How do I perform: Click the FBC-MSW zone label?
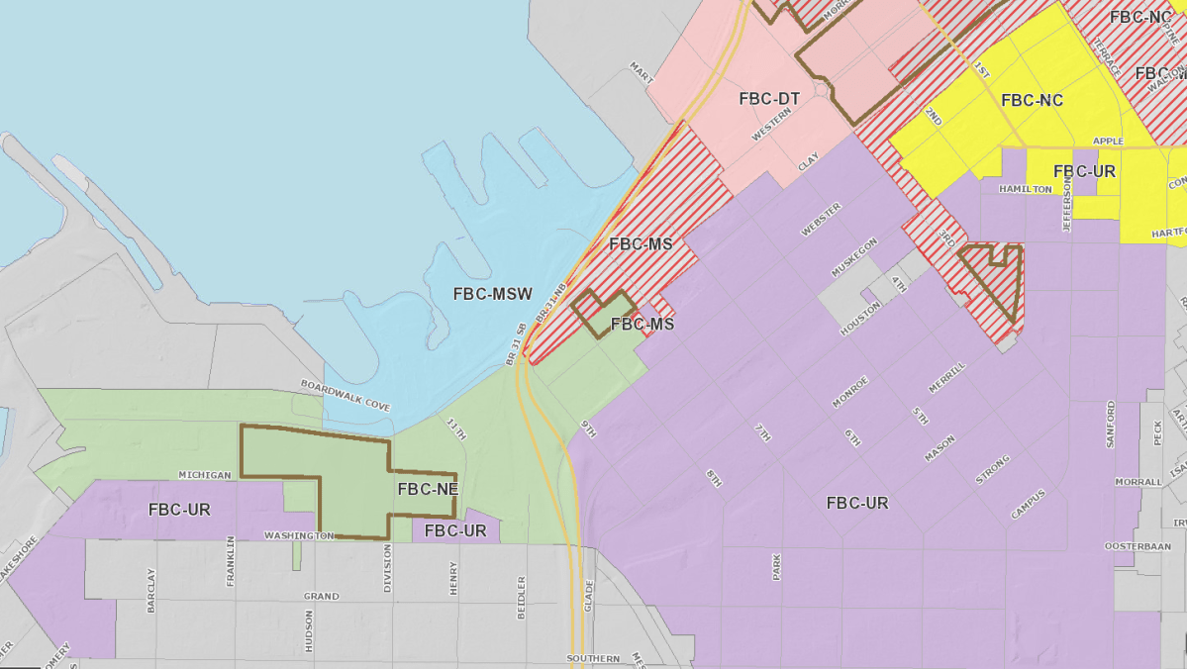point(493,294)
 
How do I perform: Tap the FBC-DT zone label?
point(769,99)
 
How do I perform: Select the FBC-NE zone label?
point(427,488)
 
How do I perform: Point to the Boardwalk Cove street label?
point(346,396)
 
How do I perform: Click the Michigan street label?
point(205,475)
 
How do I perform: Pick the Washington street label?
point(298,535)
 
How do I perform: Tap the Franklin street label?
point(231,561)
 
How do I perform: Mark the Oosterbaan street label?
point(1138,546)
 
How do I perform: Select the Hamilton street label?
point(1026,188)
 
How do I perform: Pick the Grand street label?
point(321,597)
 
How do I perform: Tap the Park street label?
point(776,566)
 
